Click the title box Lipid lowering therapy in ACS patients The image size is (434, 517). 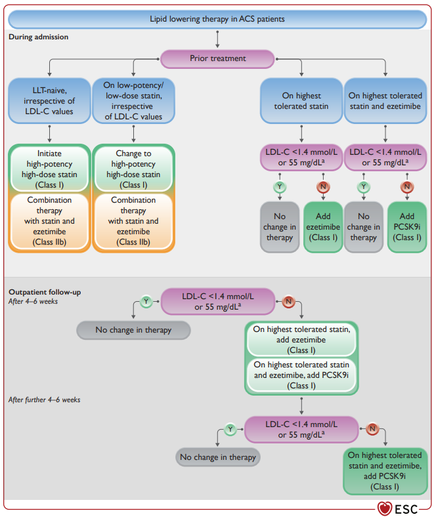click(217, 19)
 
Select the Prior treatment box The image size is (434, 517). click(217, 58)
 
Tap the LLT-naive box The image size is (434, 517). click(49, 100)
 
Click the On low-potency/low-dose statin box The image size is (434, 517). click(133, 100)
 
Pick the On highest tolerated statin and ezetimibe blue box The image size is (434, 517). click(385, 100)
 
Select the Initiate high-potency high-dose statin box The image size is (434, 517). click(49, 169)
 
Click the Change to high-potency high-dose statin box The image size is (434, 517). click(133, 169)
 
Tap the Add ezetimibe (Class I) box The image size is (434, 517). click(323, 227)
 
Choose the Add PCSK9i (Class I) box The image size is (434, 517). click(407, 227)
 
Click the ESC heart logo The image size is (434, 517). click(385, 508)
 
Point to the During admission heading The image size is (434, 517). click(38, 37)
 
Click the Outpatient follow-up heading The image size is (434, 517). click(45, 292)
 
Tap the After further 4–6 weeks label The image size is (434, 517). click(44, 400)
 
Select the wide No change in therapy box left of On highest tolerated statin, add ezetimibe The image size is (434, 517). click(133, 330)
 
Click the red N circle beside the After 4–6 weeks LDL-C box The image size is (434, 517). click(288, 301)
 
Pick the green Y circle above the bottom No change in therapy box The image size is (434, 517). click(230, 429)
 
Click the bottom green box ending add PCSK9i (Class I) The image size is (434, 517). click(385, 471)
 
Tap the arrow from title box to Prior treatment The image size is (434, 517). click(217, 39)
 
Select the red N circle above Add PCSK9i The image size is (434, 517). click(407, 186)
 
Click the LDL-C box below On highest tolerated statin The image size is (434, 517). click(301, 157)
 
